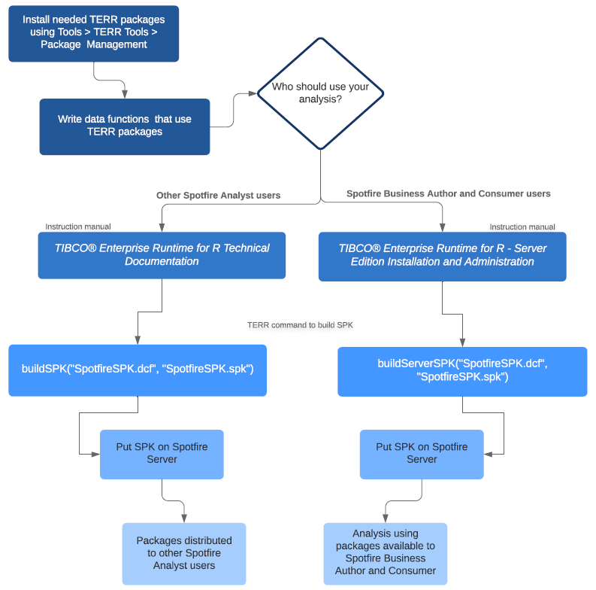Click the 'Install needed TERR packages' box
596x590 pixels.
tap(94, 32)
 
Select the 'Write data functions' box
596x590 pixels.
tap(125, 126)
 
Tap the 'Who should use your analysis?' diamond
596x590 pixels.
tap(321, 93)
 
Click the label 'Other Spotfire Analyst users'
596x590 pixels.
tap(218, 196)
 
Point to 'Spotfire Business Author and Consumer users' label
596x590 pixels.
tap(448, 194)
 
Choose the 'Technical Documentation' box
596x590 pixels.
tap(162, 254)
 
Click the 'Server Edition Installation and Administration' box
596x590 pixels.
tap(442, 255)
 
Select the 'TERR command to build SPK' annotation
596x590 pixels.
tap(300, 325)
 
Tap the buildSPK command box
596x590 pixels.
tap(138, 370)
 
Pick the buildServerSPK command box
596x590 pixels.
tap(462, 370)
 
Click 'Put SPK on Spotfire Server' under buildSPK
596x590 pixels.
tap(162, 453)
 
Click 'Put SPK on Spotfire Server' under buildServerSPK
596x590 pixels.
tap(422, 453)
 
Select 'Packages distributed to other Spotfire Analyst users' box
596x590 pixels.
tap(184, 553)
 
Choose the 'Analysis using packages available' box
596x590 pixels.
tap(386, 553)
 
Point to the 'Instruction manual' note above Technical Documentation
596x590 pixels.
tap(78, 227)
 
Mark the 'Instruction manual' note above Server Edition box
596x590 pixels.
tap(522, 227)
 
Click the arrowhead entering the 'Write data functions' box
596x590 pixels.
tap(125, 94)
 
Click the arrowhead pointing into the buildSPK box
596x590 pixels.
tap(138, 340)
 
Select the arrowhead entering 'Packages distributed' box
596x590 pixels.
tap(184, 519)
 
